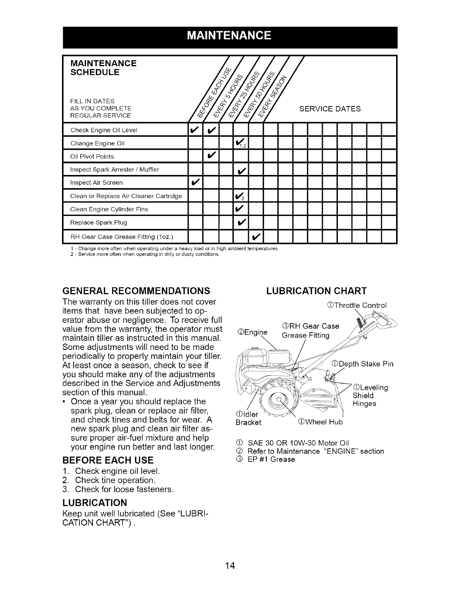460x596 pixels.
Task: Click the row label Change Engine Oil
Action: pyautogui.click(x=97, y=143)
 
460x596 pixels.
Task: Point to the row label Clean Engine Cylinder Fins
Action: pyautogui.click(x=109, y=209)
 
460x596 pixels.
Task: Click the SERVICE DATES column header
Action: pyautogui.click(x=330, y=109)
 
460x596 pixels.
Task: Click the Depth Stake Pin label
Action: pyautogui.click(x=363, y=364)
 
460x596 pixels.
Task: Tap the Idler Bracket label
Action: pyautogui.click(x=247, y=418)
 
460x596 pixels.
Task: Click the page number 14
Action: pyautogui.click(x=230, y=555)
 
